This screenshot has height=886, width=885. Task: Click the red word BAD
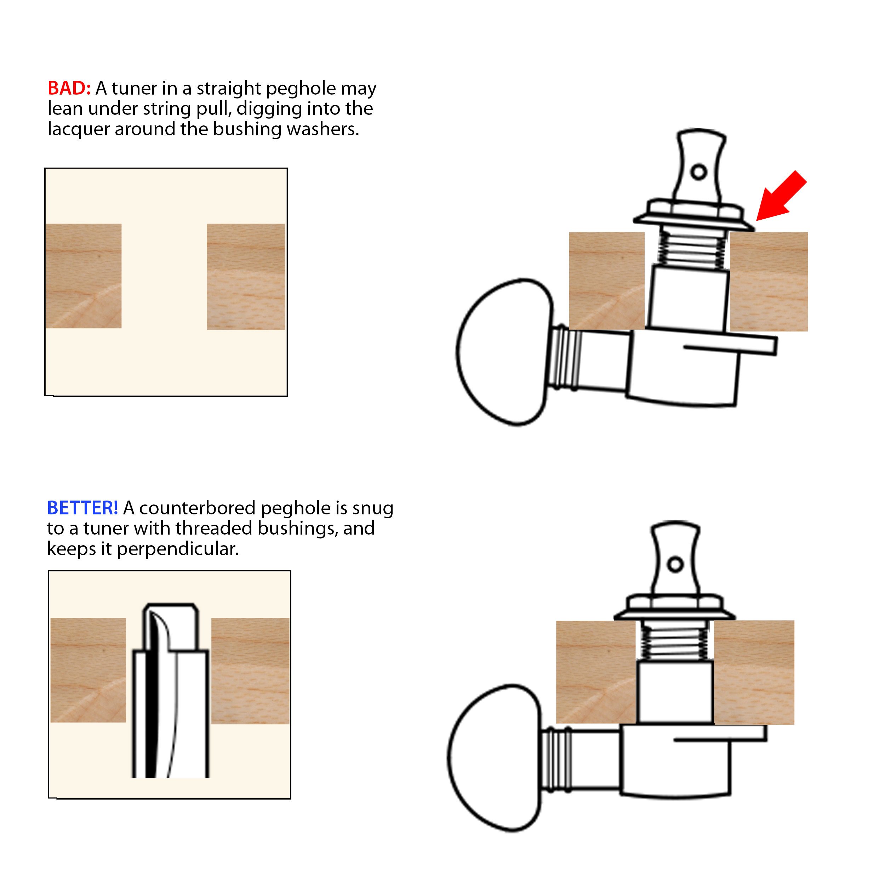(x=69, y=88)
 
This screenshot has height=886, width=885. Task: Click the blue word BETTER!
(x=82, y=508)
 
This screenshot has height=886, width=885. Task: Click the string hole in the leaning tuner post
(x=698, y=173)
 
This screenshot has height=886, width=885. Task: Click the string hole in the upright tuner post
(x=675, y=564)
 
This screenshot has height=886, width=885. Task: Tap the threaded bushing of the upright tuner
(x=675, y=640)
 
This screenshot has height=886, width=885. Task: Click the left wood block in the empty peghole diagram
(x=84, y=276)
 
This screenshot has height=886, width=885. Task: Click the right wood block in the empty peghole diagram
(x=246, y=277)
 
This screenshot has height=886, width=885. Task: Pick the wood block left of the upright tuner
(x=596, y=672)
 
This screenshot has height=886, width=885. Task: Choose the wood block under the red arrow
(x=769, y=282)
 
